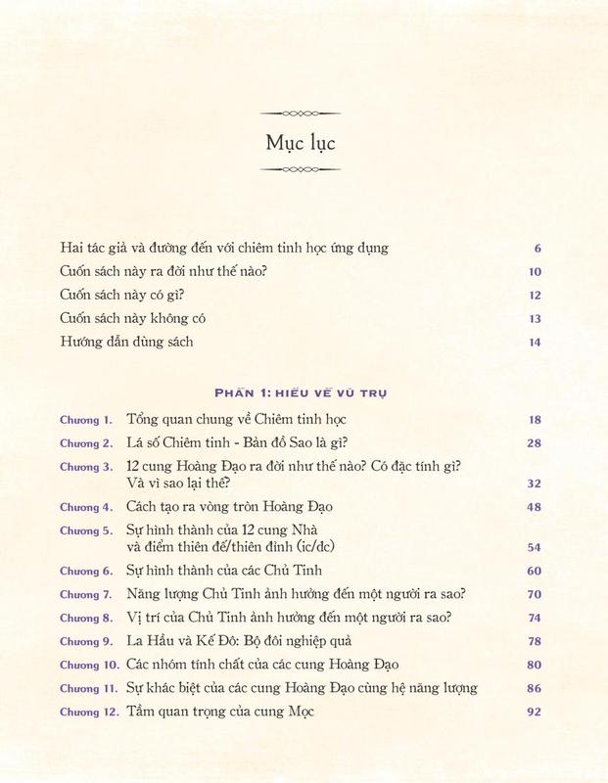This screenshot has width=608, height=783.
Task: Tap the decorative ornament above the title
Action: [x=304, y=115]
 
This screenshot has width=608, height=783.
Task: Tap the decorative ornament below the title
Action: [x=304, y=169]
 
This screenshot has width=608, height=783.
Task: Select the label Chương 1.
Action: [x=86, y=420]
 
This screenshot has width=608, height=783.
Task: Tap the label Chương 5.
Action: [x=86, y=530]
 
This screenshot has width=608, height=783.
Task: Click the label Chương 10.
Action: [x=89, y=667]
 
